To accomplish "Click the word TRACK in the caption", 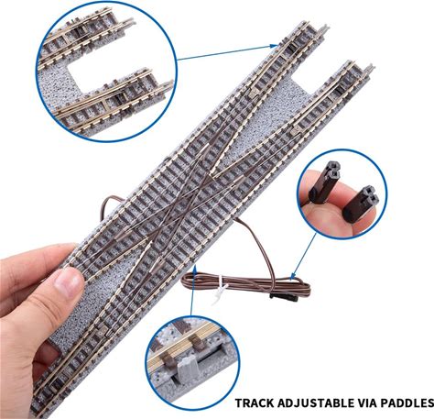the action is click(255, 402).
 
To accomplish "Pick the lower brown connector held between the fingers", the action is click(361, 204).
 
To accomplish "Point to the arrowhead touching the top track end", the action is click(275, 46).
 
